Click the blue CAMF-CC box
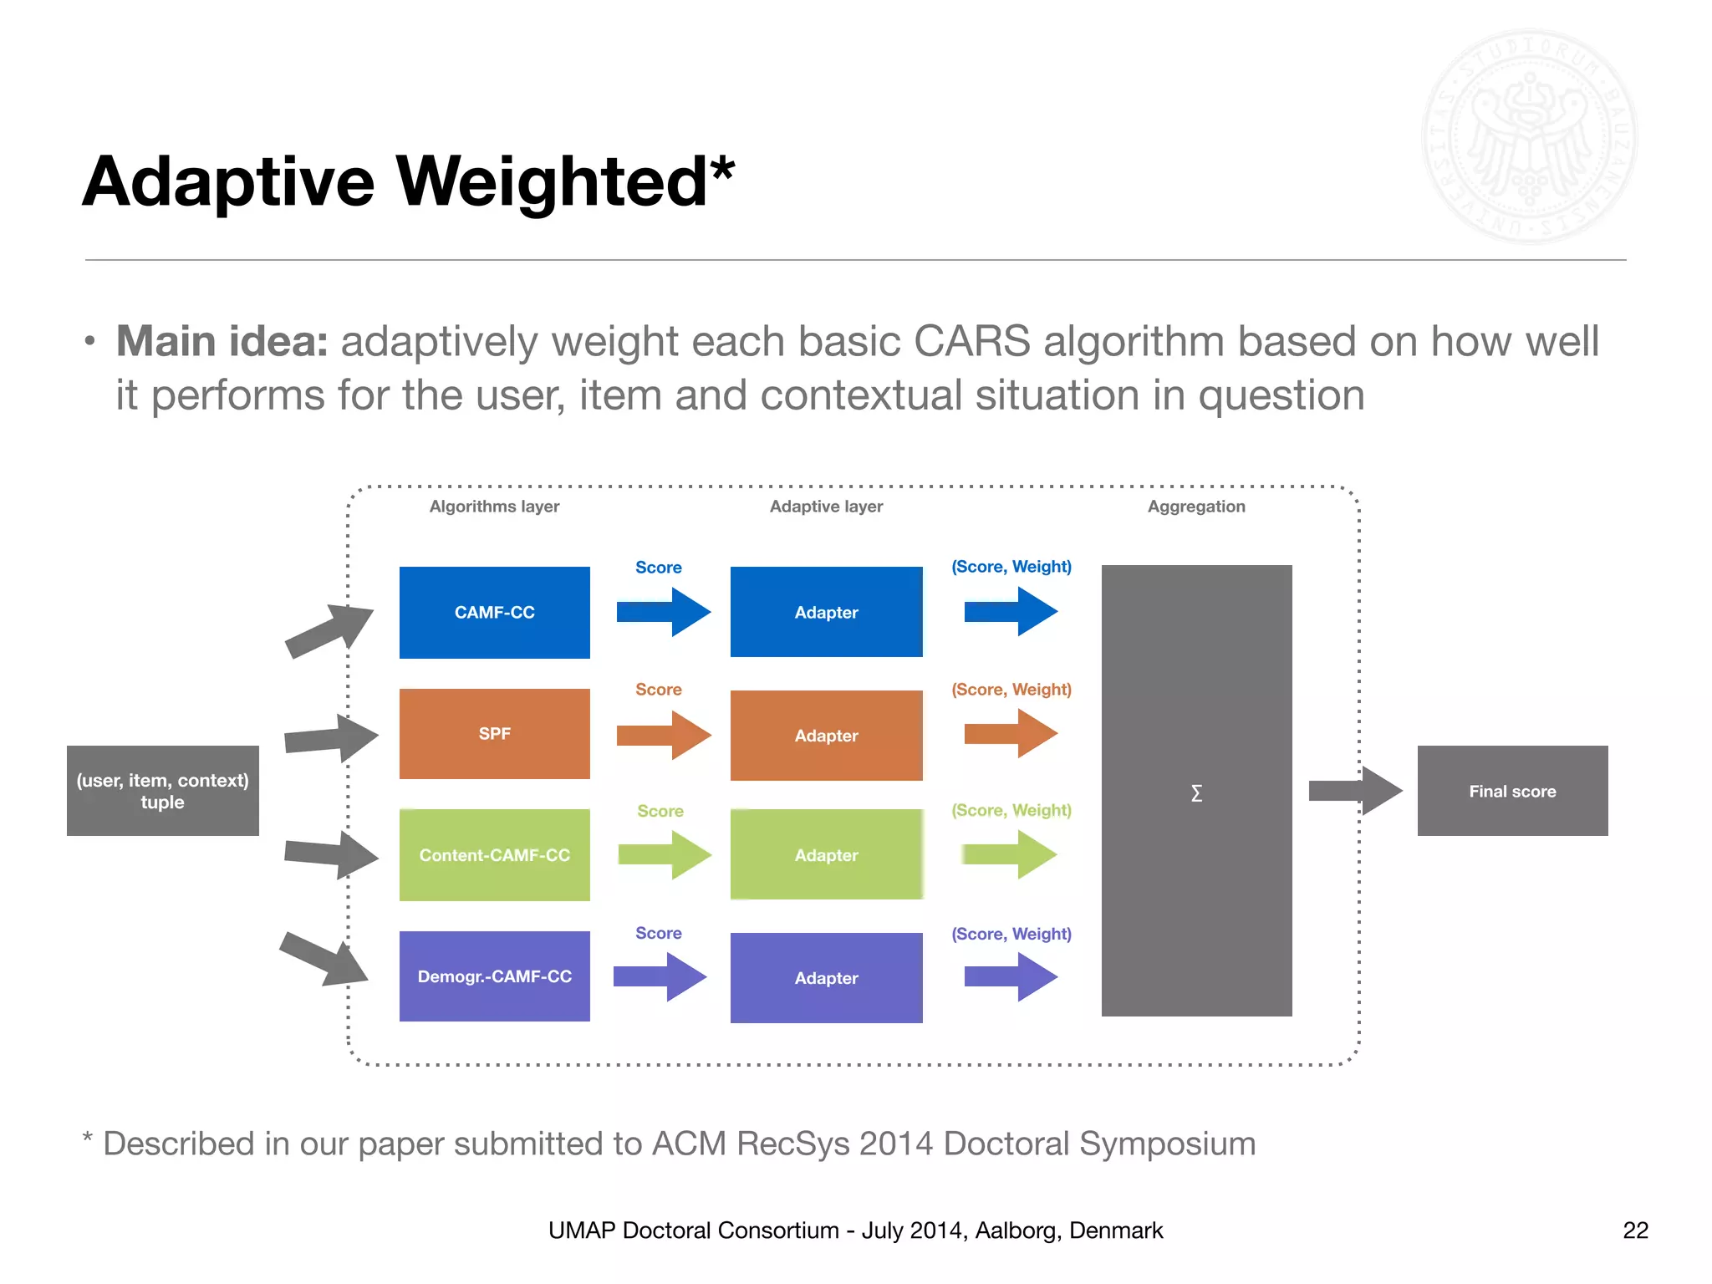coord(494,612)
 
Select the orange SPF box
coord(494,733)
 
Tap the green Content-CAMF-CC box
coord(494,854)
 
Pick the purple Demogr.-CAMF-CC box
coord(494,976)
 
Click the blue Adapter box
coord(826,612)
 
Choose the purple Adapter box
coord(826,977)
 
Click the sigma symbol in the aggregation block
coord(1196,792)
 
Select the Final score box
coord(1512,791)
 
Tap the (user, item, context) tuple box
coord(162,791)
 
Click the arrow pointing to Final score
coord(1354,790)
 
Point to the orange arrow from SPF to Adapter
coord(664,735)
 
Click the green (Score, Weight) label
coord(1011,810)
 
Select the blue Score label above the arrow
coord(658,568)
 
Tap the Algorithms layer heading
coord(494,507)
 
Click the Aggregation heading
coord(1195,507)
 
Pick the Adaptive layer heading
coord(826,507)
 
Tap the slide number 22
coord(1635,1230)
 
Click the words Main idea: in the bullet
coord(222,341)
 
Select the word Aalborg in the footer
coord(1015,1230)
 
